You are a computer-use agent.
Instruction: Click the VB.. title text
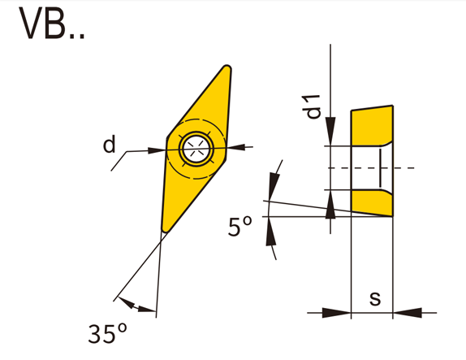coord(51,23)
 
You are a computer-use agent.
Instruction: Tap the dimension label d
coord(109,144)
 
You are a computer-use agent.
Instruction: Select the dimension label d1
coord(311,106)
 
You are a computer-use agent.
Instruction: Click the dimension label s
coord(375,298)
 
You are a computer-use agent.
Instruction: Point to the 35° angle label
coord(108,333)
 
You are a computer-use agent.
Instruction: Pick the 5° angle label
coord(239,227)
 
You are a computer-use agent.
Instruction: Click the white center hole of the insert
coord(196,149)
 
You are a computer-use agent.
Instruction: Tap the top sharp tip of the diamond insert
coord(227,67)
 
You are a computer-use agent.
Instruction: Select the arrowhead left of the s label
coord(337,313)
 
